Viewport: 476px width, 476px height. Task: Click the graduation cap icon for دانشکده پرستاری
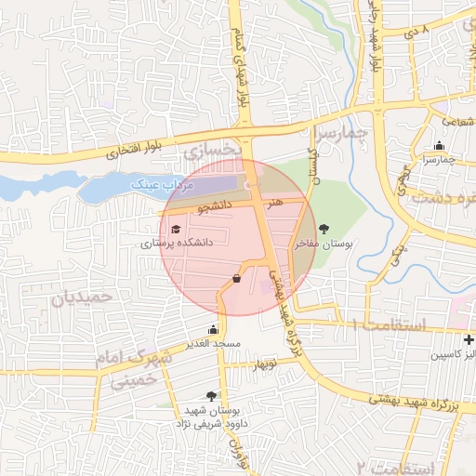(x=176, y=229)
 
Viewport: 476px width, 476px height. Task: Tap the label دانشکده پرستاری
(x=177, y=244)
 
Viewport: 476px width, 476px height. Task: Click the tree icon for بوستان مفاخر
(x=324, y=229)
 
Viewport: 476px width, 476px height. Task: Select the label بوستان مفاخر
(x=323, y=244)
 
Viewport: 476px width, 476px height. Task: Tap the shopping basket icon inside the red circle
(x=237, y=279)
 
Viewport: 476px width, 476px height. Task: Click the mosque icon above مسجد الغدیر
(x=214, y=329)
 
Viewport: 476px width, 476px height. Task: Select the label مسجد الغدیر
(x=213, y=344)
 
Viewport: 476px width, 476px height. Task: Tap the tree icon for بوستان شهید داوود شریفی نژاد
(x=212, y=396)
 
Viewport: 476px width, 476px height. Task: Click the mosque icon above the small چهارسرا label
(x=439, y=145)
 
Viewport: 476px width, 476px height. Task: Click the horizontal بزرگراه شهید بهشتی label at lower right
(x=415, y=403)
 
